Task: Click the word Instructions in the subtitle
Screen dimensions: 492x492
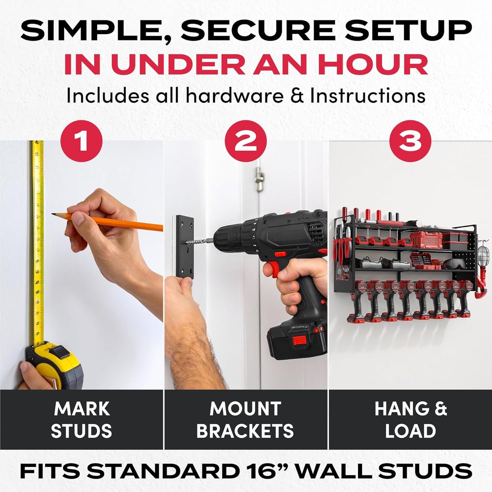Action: point(368,96)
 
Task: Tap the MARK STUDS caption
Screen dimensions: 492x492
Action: point(81,419)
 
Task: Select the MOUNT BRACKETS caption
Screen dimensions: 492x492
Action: point(245,419)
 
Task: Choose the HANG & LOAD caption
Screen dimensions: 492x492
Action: point(410,419)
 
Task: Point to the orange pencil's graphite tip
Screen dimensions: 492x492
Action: point(53,214)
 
